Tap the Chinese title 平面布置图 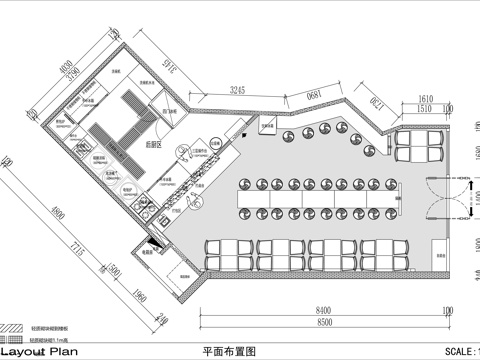(229, 351)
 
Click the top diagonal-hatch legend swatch (13, 327)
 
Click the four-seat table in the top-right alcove (419, 146)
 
